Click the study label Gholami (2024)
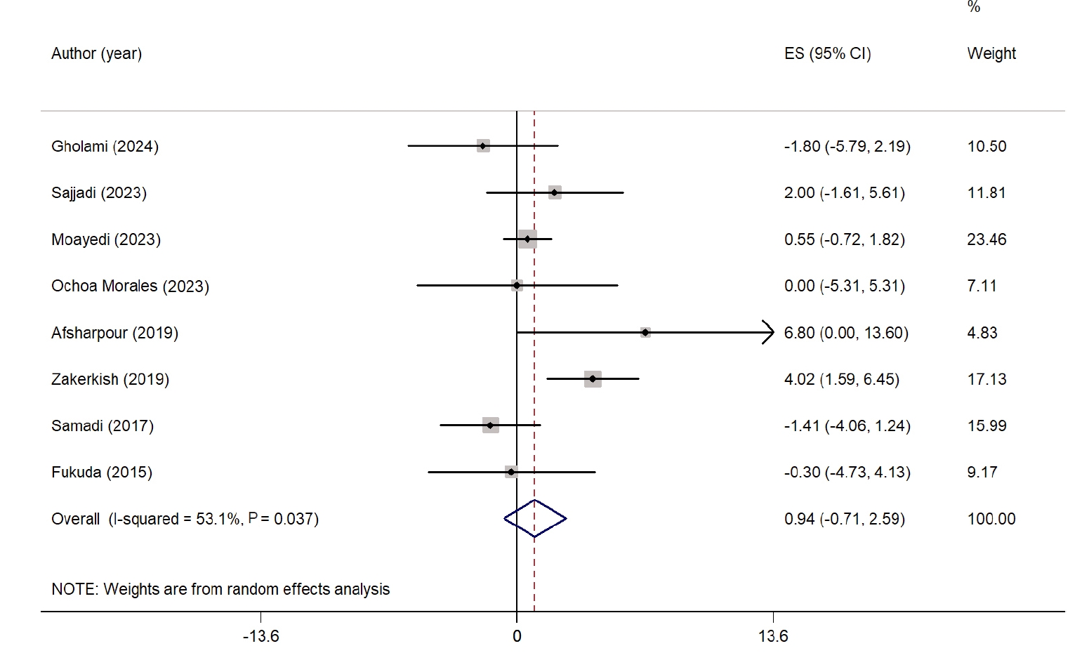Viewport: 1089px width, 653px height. (105, 146)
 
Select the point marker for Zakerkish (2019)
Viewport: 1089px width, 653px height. (593, 379)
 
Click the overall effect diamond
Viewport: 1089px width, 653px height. (535, 519)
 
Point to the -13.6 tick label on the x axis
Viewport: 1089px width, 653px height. (260, 636)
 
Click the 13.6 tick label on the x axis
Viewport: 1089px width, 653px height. (773, 636)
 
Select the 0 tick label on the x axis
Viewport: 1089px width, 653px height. (517, 636)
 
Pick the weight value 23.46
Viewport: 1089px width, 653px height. (986, 239)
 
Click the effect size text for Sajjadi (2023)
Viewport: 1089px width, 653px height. (844, 193)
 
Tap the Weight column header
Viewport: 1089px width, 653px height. (991, 53)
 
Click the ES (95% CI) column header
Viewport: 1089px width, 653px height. (827, 53)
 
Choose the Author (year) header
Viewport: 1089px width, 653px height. (96, 53)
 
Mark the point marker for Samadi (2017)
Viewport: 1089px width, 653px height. (490, 426)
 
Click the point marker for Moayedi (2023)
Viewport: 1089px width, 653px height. (527, 239)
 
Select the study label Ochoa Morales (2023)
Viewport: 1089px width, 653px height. (130, 286)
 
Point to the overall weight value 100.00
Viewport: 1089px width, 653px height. (991, 519)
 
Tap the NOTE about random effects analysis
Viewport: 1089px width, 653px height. (220, 589)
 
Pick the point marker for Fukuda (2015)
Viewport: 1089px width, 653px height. (510, 472)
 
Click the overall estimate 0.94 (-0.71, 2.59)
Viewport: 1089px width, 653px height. (844, 519)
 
